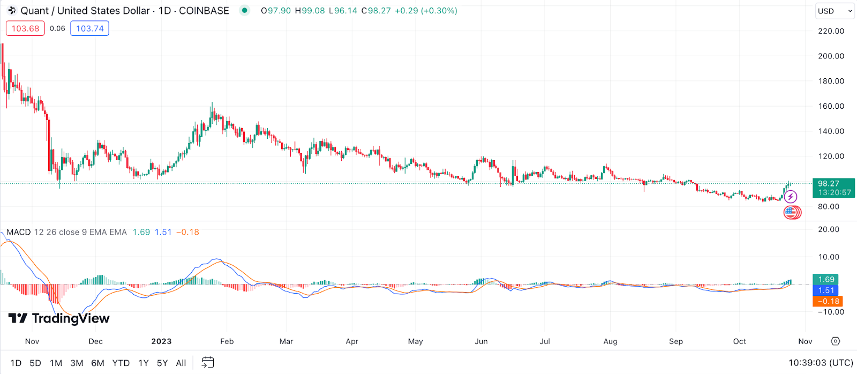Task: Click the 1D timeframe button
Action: pyautogui.click(x=16, y=363)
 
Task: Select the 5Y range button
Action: pyautogui.click(x=162, y=363)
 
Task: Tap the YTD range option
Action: pyautogui.click(x=121, y=363)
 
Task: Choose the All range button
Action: pyautogui.click(x=181, y=363)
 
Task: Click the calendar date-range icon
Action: pyautogui.click(x=208, y=363)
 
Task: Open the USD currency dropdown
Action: pyautogui.click(x=835, y=11)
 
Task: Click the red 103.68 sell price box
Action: pyautogui.click(x=25, y=28)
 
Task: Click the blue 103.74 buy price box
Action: pyautogui.click(x=89, y=28)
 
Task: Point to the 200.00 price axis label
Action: pyautogui.click(x=831, y=56)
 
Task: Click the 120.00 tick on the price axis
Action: pyautogui.click(x=831, y=156)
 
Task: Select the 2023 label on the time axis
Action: pyautogui.click(x=161, y=341)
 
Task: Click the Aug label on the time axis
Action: pyautogui.click(x=610, y=341)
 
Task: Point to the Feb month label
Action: pyautogui.click(x=227, y=341)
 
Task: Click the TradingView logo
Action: pyautogui.click(x=59, y=318)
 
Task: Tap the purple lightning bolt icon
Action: pyautogui.click(x=791, y=197)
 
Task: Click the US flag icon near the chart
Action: pyautogui.click(x=791, y=212)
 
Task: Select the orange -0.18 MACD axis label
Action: pyautogui.click(x=828, y=301)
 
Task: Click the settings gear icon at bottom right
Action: pyautogui.click(x=836, y=341)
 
